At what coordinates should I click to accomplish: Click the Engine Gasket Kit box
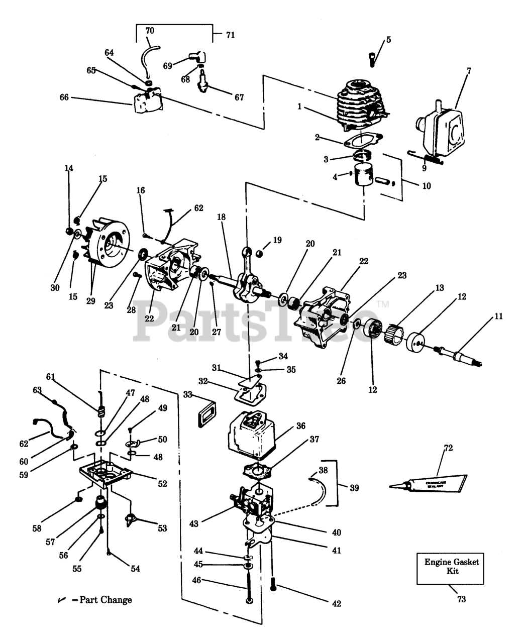450,568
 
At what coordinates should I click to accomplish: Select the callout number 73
461,599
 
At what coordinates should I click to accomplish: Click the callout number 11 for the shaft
498,316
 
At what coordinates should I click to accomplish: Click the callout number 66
64,97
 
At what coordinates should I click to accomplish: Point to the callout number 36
300,426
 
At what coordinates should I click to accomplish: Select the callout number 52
162,484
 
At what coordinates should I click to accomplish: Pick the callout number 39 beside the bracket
354,488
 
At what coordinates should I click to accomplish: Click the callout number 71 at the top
230,35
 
